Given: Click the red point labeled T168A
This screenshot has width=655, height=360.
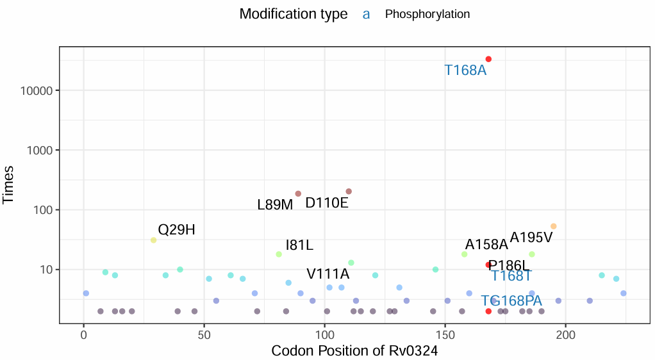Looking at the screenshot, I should tap(488, 59).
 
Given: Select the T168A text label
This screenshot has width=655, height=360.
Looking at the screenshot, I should tap(465, 70).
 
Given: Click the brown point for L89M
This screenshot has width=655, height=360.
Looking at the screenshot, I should tap(298, 193).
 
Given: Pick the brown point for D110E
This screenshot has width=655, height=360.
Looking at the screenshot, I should tap(349, 192).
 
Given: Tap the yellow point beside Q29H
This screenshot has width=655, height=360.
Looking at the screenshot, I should tap(154, 240).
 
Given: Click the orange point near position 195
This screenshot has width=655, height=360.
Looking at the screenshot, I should tap(554, 226).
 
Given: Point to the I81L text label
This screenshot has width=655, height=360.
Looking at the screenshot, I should tap(299, 245).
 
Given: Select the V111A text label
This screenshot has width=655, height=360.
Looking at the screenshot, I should tap(328, 274).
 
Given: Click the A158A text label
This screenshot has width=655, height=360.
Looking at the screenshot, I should tap(486, 245).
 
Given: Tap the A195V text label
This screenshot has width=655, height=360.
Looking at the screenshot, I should tap(531, 238).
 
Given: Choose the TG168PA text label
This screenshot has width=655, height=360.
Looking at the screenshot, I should tap(511, 300).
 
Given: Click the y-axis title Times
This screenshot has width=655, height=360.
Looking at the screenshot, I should tap(9, 185).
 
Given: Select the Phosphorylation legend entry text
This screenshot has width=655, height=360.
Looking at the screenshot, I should tap(427, 14).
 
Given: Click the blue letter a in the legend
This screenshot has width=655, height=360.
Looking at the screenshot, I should tap(366, 14).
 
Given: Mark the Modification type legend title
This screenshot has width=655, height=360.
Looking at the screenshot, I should tap(294, 14).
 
